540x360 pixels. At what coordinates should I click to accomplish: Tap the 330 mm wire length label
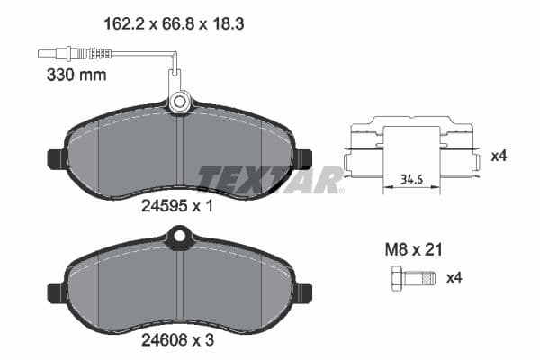[76, 75]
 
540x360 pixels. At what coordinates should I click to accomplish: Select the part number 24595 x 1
[176, 205]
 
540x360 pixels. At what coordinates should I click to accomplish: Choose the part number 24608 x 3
[176, 342]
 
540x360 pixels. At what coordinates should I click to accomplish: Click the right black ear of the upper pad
[303, 158]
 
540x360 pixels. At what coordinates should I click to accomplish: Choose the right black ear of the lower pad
[303, 293]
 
